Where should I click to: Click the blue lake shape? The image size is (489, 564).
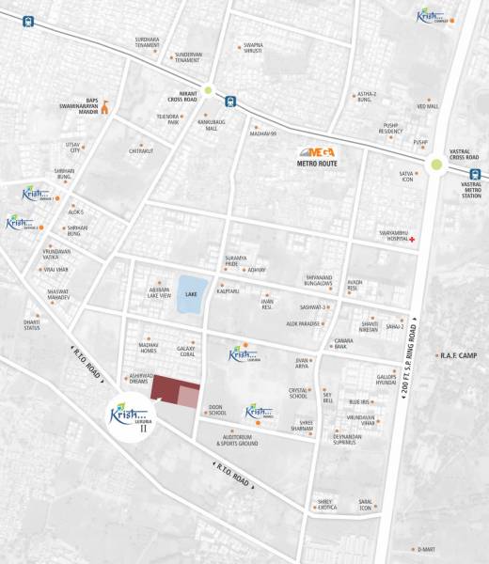(x=191, y=293)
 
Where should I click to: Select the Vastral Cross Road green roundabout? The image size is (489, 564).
(x=436, y=166)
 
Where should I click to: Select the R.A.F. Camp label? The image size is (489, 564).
(x=458, y=355)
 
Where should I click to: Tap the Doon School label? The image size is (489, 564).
(x=216, y=410)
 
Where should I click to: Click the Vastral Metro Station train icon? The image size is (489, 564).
(x=476, y=173)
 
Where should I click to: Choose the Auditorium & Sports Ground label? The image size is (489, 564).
(x=236, y=439)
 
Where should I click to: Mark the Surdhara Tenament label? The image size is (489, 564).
(x=148, y=42)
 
